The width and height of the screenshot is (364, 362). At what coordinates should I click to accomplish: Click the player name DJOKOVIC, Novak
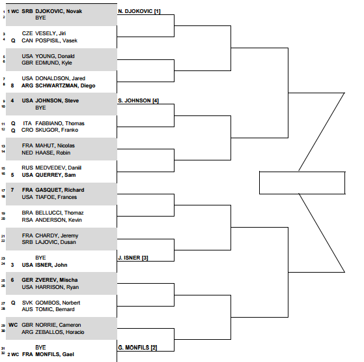pos(59,11)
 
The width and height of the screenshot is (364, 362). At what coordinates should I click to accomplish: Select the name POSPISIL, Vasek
pos(56,40)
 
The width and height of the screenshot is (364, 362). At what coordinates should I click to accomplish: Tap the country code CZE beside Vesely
pos(27,33)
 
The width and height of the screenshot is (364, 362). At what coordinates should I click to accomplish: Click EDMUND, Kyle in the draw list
pos(53,63)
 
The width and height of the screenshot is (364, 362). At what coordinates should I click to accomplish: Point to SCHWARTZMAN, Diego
pos(65,85)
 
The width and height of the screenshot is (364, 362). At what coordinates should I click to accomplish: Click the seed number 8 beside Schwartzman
pos(12,85)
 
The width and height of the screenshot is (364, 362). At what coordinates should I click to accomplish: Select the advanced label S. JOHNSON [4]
pos(138,100)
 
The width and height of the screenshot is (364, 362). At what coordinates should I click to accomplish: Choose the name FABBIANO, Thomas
pos(60,123)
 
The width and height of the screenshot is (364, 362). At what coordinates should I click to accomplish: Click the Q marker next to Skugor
pos(13,130)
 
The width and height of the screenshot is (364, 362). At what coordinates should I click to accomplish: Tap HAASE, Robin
pos(53,153)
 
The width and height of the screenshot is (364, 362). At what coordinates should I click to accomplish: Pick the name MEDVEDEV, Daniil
pos(58,168)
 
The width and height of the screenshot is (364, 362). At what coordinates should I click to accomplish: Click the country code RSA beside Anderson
pos(27,220)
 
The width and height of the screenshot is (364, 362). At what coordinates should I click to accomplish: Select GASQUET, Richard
pos(60,190)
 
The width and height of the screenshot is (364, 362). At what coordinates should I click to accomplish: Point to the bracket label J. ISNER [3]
pos(133,258)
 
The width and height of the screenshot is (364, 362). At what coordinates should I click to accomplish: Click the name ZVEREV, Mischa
pos(57,280)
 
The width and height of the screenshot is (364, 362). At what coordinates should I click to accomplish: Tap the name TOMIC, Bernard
pos(55,309)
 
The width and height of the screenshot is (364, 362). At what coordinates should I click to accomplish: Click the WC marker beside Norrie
pos(13,325)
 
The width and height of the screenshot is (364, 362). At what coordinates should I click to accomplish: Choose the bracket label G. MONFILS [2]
pos(137,348)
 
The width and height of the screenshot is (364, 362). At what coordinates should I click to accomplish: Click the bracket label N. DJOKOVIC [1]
pos(139,11)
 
